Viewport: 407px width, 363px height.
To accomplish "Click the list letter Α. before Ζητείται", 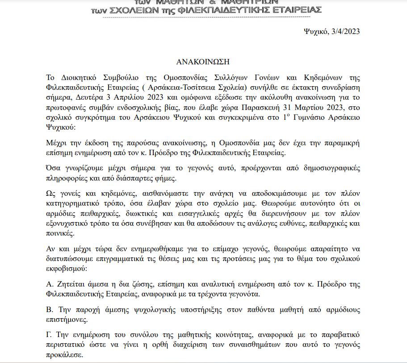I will click(x=50, y=285).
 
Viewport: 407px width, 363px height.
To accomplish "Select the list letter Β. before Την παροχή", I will click(x=49, y=310).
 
